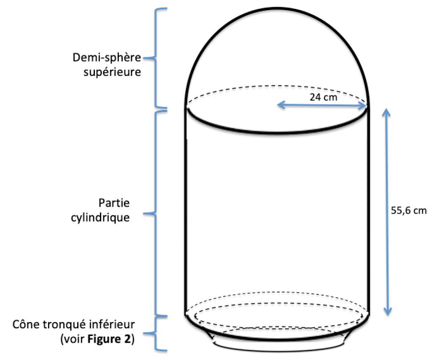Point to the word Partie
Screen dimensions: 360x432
pyautogui.click(x=114, y=203)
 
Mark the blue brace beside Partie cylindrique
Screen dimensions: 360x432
pyautogui.click(x=157, y=213)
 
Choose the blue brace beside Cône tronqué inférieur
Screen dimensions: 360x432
pyautogui.click(x=157, y=333)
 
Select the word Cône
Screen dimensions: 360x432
pyautogui.click(x=25, y=325)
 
